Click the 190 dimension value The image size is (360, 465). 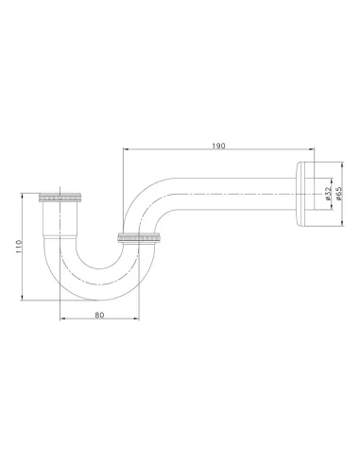(218, 146)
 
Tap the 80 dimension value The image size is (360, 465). (99, 315)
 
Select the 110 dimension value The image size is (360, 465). (18, 247)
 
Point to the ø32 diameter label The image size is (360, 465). (328, 194)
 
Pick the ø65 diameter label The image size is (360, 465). (338, 194)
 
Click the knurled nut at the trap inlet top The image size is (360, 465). (60, 198)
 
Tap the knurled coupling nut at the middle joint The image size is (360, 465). (140, 237)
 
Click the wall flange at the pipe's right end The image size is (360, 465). (305, 194)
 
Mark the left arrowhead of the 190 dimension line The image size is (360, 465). (126, 149)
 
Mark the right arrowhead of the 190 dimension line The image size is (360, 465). (312, 149)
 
